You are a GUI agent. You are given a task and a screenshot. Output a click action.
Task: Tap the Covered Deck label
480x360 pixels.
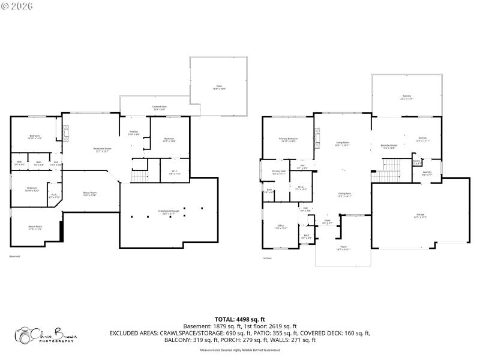(160, 108)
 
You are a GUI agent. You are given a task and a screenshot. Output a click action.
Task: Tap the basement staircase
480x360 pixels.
(139, 176)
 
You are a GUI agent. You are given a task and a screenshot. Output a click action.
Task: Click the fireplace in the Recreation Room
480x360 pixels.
(67, 132)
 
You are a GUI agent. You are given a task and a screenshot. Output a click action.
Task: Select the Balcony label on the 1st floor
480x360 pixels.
(407, 97)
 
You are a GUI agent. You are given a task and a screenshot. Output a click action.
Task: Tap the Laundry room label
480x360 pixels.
(427, 173)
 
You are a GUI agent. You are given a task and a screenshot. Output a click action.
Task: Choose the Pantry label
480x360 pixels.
(416, 161)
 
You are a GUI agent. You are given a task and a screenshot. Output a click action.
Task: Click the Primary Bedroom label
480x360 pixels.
(288, 140)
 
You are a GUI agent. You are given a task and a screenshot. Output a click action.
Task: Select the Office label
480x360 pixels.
(280, 227)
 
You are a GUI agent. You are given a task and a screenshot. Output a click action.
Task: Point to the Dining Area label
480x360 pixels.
(344, 194)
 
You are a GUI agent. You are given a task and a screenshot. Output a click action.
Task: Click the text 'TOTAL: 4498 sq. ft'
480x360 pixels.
(240, 319)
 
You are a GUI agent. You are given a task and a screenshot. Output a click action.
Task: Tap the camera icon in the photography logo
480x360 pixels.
(25, 336)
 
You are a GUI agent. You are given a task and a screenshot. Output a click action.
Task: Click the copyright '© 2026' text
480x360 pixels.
(17, 6)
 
